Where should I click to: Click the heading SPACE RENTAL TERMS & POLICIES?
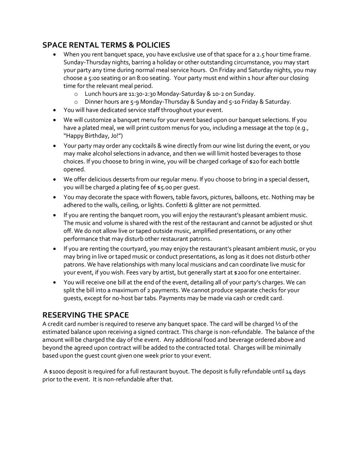click(106, 45)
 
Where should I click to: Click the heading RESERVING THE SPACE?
click(85, 315)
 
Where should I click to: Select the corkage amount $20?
click(254, 161)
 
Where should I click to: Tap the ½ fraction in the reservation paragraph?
click(278, 324)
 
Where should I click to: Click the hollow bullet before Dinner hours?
click(76, 102)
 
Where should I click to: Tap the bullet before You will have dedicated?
click(54, 110)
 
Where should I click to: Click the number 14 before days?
click(288, 371)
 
